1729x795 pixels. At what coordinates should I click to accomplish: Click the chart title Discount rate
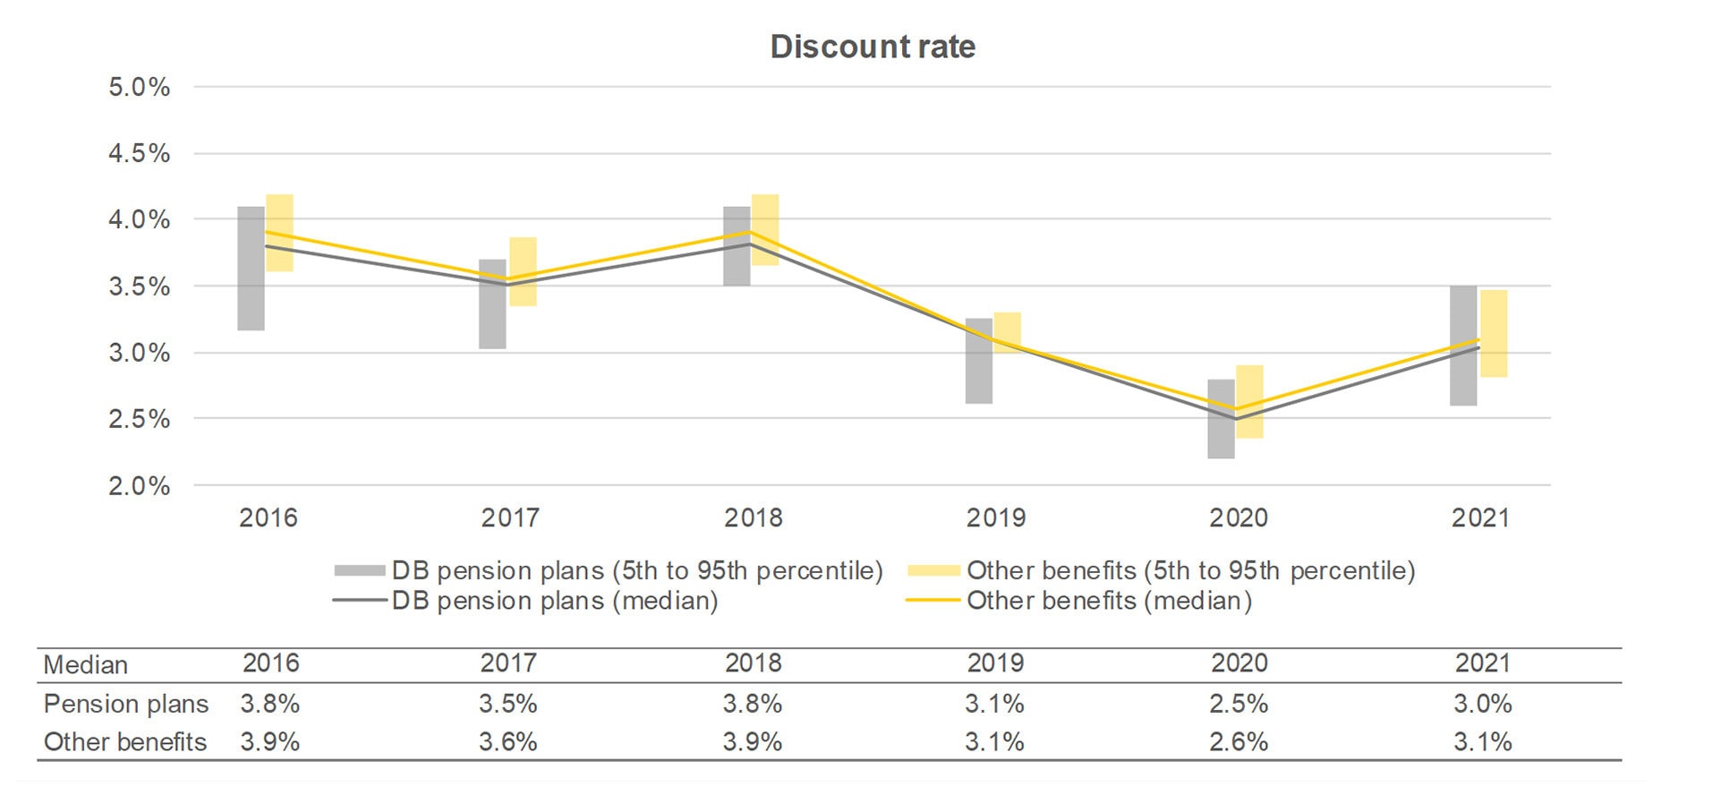pyautogui.click(x=872, y=47)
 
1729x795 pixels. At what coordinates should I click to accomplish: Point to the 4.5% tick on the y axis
pyautogui.click(x=139, y=153)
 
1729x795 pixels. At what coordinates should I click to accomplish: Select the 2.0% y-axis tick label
pyautogui.click(x=139, y=486)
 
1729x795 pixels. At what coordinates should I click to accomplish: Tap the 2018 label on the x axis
pyautogui.click(x=753, y=517)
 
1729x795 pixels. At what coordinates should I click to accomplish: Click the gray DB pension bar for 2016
pyautogui.click(x=251, y=269)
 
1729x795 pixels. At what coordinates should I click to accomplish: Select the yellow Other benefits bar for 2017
pyautogui.click(x=523, y=271)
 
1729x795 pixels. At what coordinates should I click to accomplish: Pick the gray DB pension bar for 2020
pyautogui.click(x=1221, y=419)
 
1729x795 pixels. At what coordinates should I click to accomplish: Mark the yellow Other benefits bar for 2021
pyautogui.click(x=1494, y=333)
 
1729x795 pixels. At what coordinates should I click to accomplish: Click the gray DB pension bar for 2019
pyautogui.click(x=979, y=361)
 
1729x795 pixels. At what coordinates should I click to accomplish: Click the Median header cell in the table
pyautogui.click(x=86, y=665)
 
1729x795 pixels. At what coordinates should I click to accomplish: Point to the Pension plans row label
pyautogui.click(x=126, y=704)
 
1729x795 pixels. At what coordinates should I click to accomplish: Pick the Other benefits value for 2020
pyautogui.click(x=1239, y=742)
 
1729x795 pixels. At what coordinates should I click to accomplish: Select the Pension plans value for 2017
pyautogui.click(x=507, y=704)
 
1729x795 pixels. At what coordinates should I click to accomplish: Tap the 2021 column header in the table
pyautogui.click(x=1482, y=663)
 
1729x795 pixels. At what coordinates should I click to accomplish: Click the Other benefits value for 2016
pyautogui.click(x=269, y=742)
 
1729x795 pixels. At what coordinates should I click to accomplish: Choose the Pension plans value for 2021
pyautogui.click(x=1482, y=704)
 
